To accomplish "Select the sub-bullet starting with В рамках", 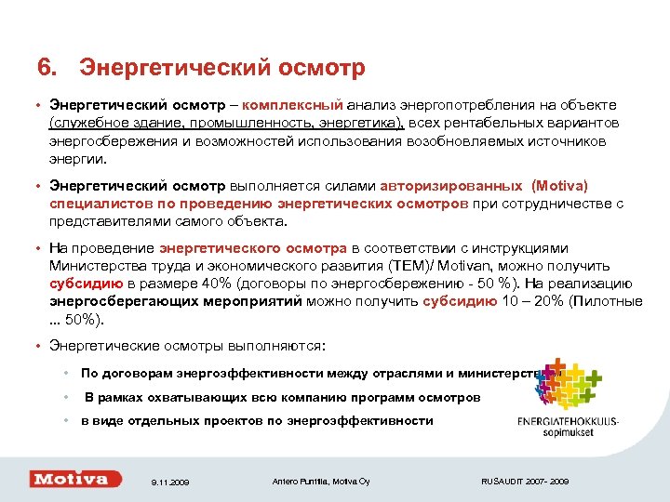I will [283, 397].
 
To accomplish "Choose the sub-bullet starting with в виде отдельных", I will [257, 420].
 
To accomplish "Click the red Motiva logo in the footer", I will [75, 479].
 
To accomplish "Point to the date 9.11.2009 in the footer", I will [170, 482].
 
